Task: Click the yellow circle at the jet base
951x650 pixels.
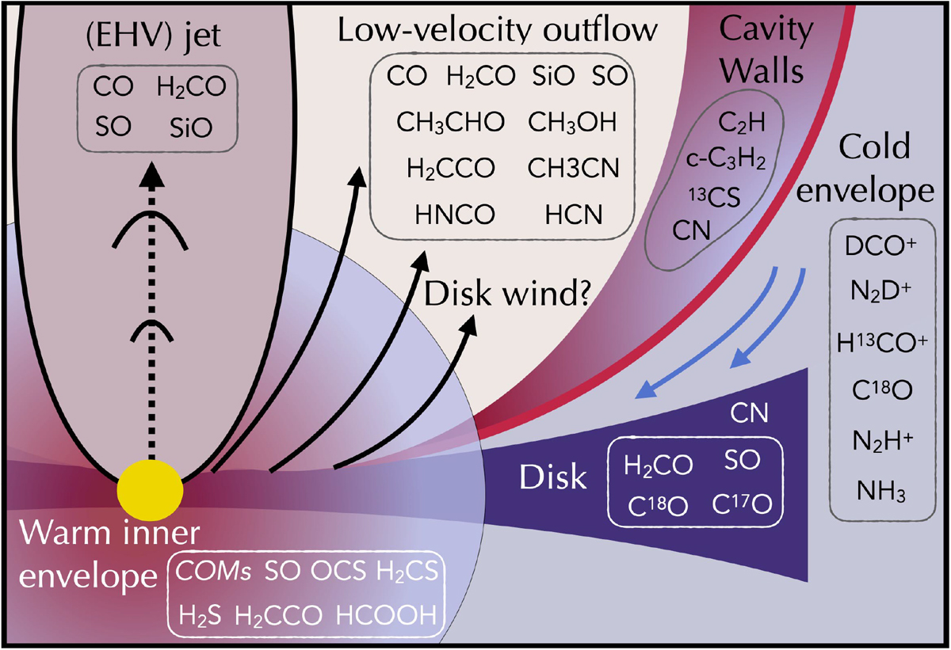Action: click(151, 491)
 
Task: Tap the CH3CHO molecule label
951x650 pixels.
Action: click(451, 123)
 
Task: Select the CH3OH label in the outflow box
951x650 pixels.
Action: click(572, 123)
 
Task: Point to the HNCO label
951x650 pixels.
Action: click(455, 215)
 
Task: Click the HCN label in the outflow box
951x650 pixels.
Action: click(574, 215)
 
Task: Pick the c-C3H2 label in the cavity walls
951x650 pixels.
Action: click(726, 160)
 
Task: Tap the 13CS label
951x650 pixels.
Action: click(715, 197)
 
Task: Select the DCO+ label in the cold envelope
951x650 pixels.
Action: click(880, 245)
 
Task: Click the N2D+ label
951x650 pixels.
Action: click(881, 291)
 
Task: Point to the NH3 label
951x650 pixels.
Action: click(881, 492)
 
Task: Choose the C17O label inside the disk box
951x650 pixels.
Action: click(742, 504)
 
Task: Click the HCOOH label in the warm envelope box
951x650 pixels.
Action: click(387, 615)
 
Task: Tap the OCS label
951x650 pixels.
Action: click(338, 571)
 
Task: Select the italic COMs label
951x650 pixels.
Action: click(213, 571)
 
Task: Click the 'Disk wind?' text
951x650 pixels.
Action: click(508, 294)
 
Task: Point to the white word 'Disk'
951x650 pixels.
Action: click(553, 477)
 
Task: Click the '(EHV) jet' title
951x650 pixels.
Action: click(153, 37)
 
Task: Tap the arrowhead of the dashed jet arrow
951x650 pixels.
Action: click(151, 174)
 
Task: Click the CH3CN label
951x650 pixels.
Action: click(574, 168)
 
